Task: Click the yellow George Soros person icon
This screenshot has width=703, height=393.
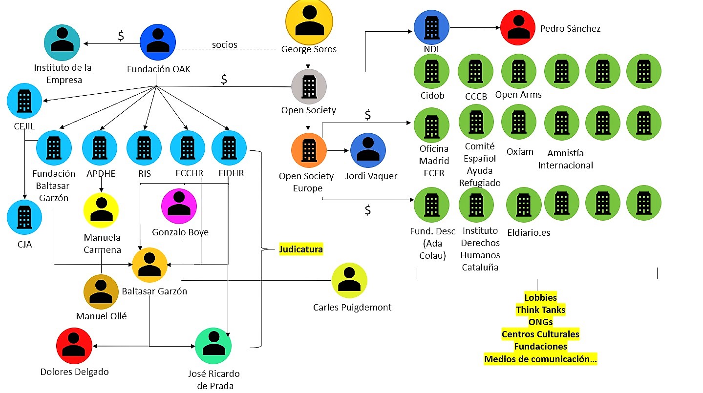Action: (309, 21)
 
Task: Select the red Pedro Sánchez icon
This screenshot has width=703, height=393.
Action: (518, 29)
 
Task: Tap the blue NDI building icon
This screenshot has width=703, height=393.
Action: (431, 28)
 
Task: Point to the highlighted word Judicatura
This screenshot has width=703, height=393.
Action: (301, 249)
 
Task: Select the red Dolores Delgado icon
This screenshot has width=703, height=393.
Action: (74, 346)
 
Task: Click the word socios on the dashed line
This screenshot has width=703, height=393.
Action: (224, 45)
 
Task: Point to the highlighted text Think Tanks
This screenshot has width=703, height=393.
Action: (540, 310)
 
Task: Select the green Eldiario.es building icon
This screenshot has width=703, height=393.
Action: (524, 205)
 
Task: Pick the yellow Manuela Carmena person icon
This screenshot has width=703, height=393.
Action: (101, 211)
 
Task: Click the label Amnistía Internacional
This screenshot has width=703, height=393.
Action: (565, 159)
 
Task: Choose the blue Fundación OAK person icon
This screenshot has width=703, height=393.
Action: (158, 42)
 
